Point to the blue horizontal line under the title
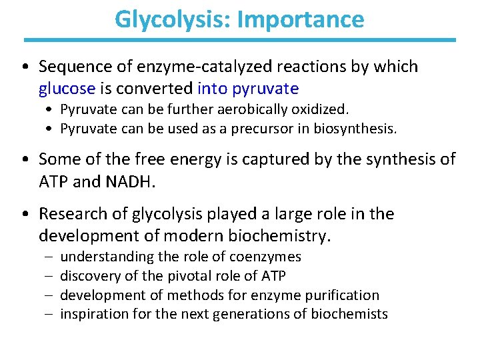tap(239, 40)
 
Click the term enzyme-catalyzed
tap(193, 67)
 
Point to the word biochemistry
tap(284, 235)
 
